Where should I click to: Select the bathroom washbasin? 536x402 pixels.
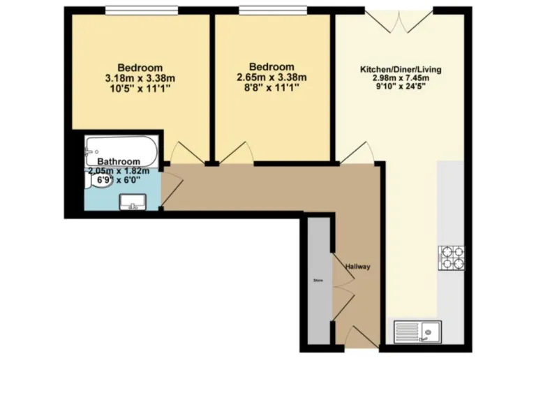(132, 202)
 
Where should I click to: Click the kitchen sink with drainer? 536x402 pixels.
(417, 331)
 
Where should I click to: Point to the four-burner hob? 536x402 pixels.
(452, 258)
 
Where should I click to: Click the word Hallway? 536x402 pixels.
(357, 267)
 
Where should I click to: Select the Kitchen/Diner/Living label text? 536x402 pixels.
(400, 70)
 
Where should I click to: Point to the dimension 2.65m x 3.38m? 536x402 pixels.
(271, 79)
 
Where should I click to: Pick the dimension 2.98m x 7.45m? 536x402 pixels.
(400, 79)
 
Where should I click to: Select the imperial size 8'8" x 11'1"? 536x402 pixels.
(271, 89)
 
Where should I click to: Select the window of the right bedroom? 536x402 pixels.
(274, 10)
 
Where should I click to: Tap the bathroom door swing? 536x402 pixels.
(172, 187)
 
